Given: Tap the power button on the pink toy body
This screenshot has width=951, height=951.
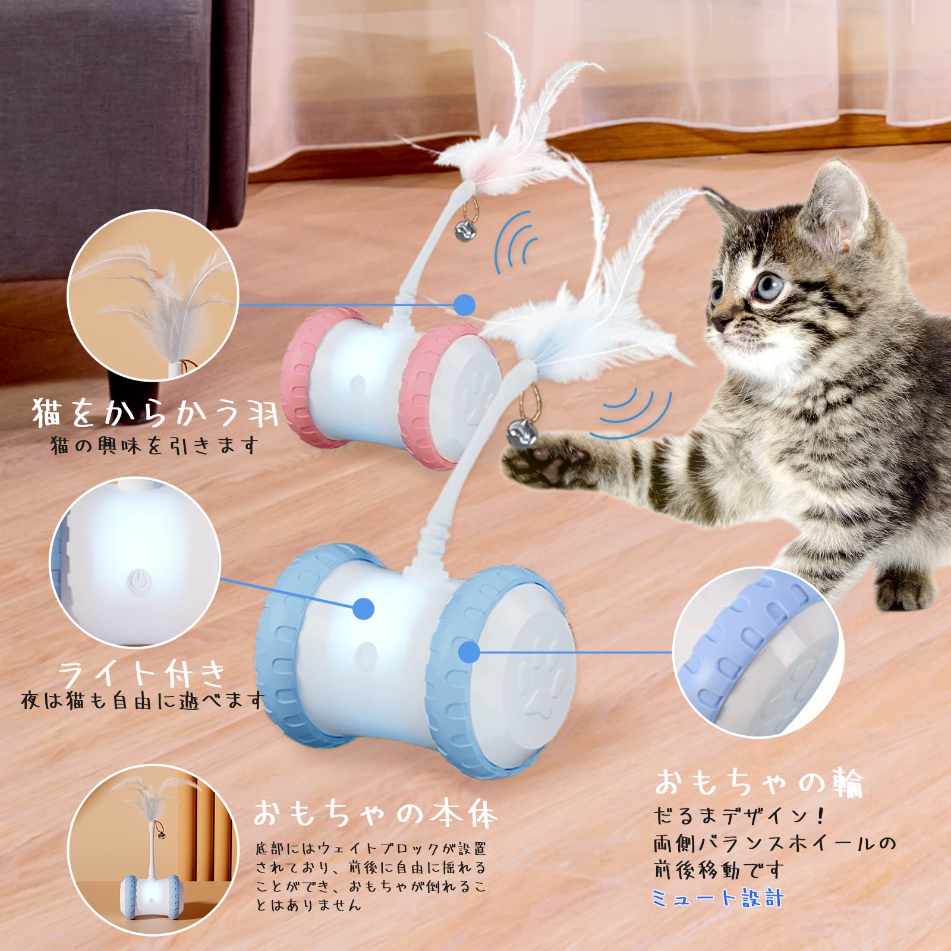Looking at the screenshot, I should tap(357, 385).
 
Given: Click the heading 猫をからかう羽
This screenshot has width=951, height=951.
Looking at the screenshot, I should tap(155, 412).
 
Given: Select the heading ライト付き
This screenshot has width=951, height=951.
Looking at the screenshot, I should tap(143, 675).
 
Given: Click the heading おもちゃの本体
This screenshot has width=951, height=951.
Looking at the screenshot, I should tap(374, 813).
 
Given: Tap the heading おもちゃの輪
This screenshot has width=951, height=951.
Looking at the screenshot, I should tap(758, 782).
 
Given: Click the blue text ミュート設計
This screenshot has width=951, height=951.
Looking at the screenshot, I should tap(717, 898).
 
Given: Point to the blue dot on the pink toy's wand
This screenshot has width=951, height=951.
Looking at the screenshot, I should tap(464, 305).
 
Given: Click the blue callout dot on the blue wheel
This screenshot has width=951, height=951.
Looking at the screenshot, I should tap(469, 652).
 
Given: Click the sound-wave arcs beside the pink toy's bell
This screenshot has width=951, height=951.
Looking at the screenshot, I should tap(516, 244).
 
